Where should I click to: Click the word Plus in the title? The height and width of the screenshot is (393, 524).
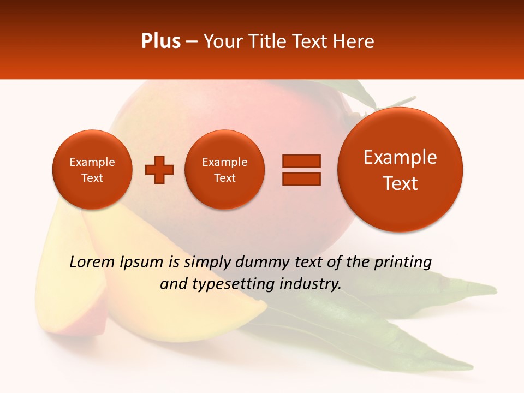tap(160, 41)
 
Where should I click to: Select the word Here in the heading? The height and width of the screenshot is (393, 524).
tap(353, 41)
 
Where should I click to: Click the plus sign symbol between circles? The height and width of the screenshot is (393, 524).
tap(159, 170)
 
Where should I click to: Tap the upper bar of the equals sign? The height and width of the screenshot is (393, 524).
tap(301, 161)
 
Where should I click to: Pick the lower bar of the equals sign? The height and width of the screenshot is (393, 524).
tap(301, 178)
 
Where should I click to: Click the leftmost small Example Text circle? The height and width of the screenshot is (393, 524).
tap(92, 170)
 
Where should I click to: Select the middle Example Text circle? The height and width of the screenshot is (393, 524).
tap(224, 170)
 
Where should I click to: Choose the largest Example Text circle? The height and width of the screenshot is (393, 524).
tap(400, 170)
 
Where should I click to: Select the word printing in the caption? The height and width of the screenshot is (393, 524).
tap(403, 263)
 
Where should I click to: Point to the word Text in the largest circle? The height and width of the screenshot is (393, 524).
tap(400, 183)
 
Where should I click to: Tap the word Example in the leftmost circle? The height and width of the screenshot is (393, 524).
tap(92, 162)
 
